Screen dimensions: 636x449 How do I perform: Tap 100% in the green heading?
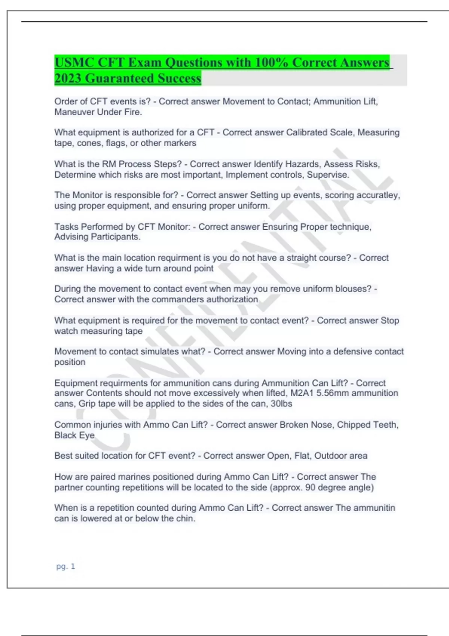click(x=271, y=62)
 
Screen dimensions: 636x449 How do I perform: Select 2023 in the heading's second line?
click(x=68, y=79)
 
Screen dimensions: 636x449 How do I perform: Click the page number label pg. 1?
click(x=65, y=566)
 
